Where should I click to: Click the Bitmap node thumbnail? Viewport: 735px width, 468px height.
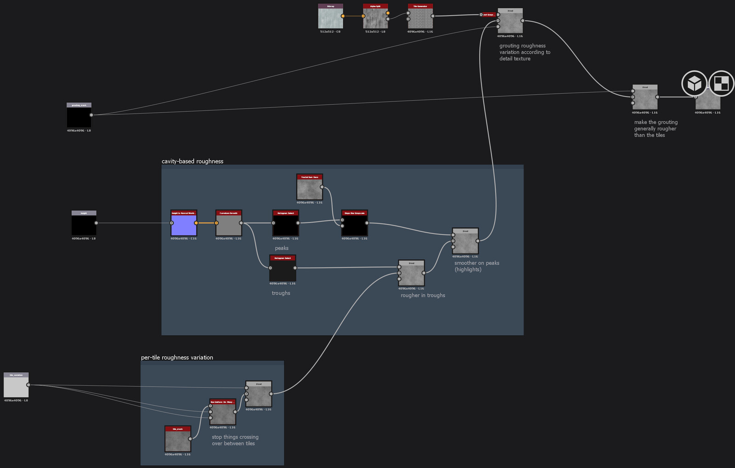tap(330, 18)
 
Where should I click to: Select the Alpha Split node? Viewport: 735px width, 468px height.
tap(375, 18)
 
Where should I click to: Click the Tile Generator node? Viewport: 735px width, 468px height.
tap(420, 18)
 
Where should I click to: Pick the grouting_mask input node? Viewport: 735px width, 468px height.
tap(79, 116)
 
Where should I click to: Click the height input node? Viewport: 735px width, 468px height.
tap(84, 225)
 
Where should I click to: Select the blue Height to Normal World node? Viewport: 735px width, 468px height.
tap(183, 224)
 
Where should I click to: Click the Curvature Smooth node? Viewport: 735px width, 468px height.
tap(228, 224)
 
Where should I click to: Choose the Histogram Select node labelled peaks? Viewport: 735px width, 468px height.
tap(285, 224)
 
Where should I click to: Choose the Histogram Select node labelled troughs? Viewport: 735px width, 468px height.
tap(282, 269)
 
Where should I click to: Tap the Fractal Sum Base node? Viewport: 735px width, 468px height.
tap(309, 188)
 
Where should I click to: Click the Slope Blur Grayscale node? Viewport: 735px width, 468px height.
tap(354, 224)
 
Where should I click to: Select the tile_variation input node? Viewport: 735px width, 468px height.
tap(16, 386)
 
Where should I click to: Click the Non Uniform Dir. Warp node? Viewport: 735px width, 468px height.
tap(222, 413)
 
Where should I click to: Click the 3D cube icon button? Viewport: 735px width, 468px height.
tap(694, 83)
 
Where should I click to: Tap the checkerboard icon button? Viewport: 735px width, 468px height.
tap(721, 83)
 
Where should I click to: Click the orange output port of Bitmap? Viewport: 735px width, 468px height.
tap(343, 16)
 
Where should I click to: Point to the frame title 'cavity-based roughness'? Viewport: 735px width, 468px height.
tap(192, 161)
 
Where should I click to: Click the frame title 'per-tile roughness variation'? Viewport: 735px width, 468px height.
tap(177, 358)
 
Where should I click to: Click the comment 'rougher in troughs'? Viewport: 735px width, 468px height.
tap(423, 296)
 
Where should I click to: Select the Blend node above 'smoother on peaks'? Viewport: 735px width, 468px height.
tap(465, 242)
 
